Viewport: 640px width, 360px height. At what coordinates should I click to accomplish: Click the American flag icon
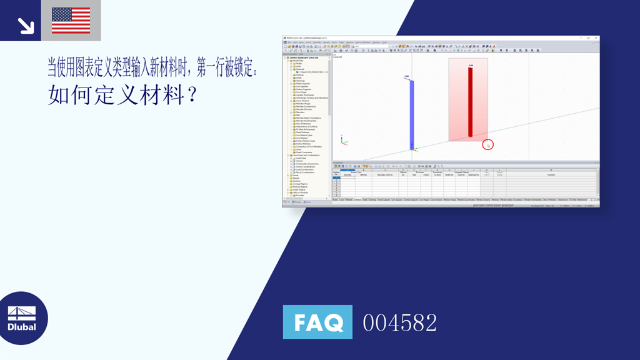(71, 20)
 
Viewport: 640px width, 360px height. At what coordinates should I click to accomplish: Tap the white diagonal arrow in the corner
(26, 25)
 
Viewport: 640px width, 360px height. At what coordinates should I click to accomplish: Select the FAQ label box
(317, 322)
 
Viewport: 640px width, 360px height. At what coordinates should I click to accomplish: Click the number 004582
(400, 322)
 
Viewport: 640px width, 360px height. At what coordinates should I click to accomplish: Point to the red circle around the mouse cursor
(488, 144)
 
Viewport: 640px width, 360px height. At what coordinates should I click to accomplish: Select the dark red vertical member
(471, 101)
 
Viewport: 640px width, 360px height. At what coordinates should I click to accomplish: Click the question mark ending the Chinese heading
(192, 96)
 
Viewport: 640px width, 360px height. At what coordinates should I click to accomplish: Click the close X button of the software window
(596, 38)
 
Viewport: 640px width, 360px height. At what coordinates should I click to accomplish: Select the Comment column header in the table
(551, 174)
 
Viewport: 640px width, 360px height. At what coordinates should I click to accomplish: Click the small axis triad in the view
(343, 141)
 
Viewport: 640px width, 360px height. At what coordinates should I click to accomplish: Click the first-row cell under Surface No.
(336, 177)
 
